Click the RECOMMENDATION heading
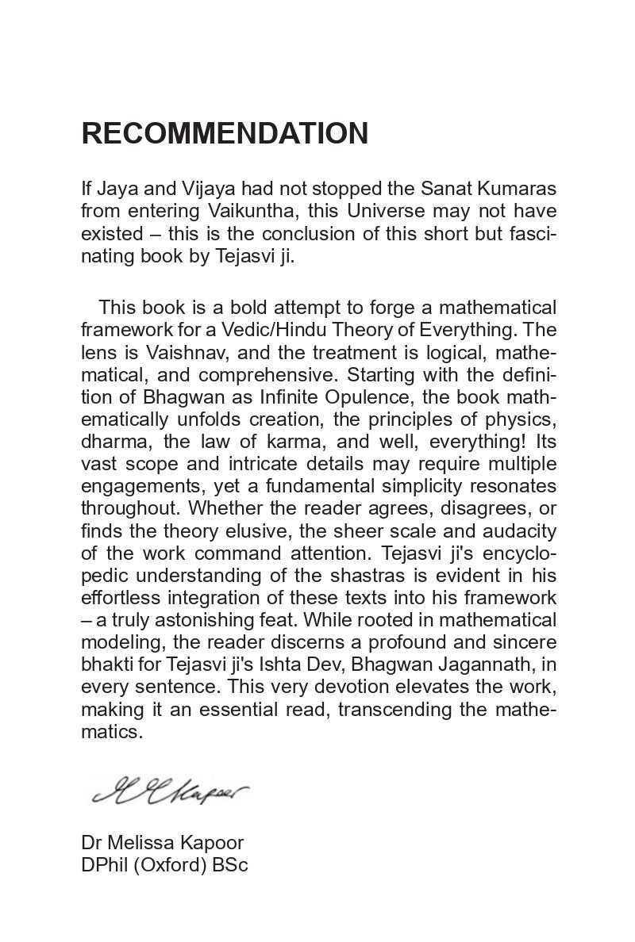pyautogui.click(x=225, y=134)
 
